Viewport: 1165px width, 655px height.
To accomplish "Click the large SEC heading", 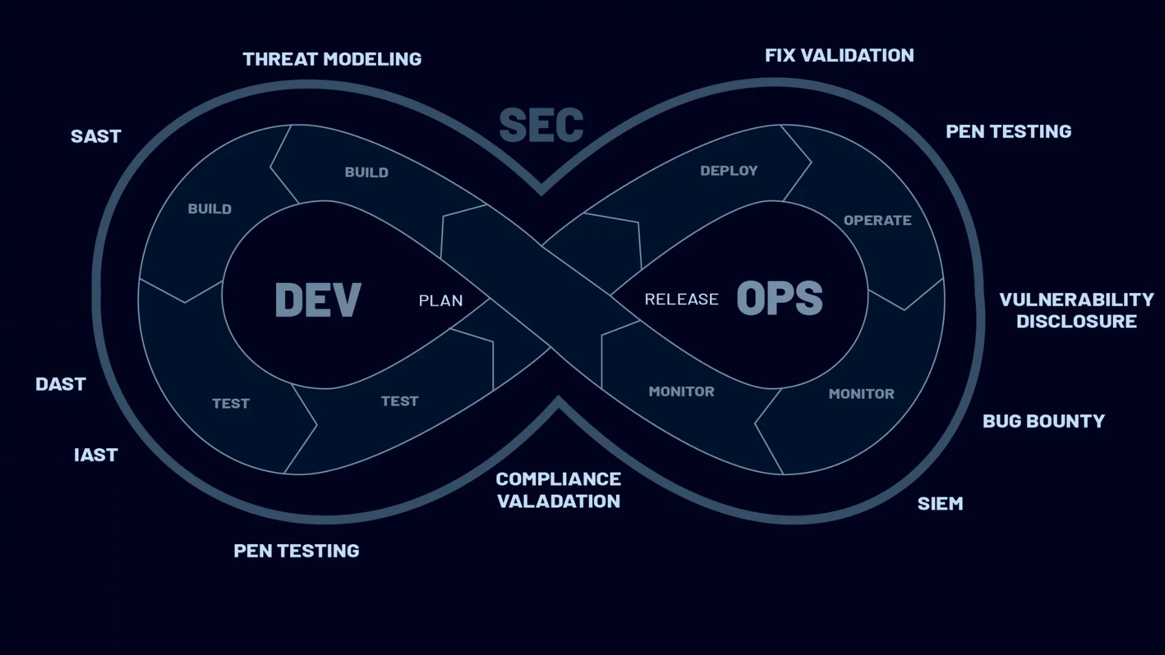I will point(541,126).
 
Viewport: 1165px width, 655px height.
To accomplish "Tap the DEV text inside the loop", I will point(317,300).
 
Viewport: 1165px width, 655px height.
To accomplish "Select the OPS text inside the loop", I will point(779,298).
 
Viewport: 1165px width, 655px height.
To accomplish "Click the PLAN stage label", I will point(441,301).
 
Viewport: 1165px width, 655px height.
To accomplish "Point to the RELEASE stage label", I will point(681,300).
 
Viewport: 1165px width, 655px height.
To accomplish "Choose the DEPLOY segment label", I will point(729,171).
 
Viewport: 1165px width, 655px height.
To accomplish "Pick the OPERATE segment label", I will point(877,221).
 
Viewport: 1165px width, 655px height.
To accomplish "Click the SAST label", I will point(96,136).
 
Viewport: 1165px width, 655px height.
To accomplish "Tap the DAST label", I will point(61,385).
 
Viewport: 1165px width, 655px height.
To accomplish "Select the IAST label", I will point(96,455).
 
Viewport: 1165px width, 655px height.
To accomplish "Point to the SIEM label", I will point(940,504).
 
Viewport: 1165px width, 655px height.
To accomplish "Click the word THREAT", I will point(280,59).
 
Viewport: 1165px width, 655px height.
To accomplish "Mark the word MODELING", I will point(373,59).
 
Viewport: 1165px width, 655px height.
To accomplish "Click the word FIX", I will point(780,56).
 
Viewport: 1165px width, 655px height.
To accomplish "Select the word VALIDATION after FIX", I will point(857,56).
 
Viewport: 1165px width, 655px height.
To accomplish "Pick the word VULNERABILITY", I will point(1076,300).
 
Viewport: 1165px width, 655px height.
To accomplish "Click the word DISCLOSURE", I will point(1076,321).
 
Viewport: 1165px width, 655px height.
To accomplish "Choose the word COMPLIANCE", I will point(558,480).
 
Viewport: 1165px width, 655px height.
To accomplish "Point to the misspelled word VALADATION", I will point(558,502).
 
